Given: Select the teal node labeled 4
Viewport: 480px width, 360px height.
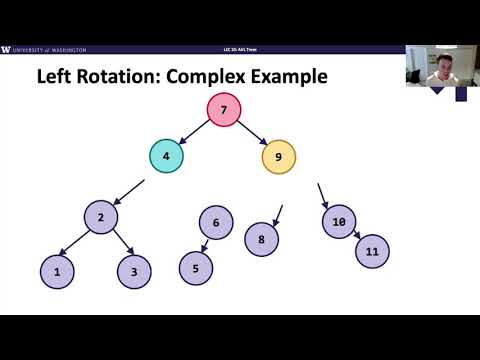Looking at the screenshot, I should click(167, 156).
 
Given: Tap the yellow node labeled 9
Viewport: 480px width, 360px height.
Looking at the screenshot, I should click(279, 156).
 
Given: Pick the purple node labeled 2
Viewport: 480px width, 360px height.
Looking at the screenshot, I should click(101, 217).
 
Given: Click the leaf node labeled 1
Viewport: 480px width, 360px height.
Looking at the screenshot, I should click(57, 271).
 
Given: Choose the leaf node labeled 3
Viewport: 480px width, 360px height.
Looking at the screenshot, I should click(134, 271).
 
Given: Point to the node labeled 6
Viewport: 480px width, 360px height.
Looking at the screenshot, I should click(216, 223).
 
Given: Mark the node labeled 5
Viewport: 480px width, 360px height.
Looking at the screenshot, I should click(196, 268).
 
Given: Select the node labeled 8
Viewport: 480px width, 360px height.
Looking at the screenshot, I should click(262, 240).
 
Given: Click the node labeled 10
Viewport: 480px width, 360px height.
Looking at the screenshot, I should click(339, 222).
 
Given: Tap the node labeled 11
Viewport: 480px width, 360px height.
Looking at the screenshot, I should click(372, 252).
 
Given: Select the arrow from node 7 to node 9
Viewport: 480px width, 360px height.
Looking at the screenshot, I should click(252, 132).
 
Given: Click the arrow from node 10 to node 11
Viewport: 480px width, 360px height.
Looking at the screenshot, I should click(355, 237).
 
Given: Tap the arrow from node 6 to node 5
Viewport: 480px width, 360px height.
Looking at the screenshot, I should click(206, 245).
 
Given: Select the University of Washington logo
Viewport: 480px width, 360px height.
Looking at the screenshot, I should click(45, 49).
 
